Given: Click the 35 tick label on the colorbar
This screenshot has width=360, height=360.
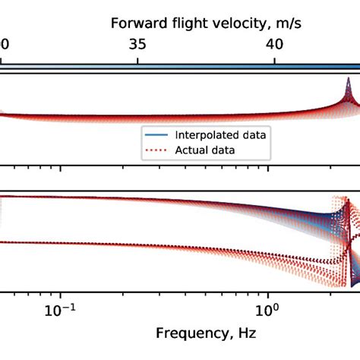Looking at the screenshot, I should [138, 45].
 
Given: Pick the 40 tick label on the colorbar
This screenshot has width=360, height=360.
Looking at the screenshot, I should [275, 45].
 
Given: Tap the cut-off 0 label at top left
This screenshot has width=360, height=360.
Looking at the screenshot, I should [3, 45].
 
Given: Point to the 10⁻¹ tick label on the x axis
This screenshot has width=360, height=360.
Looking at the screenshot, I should [61, 311].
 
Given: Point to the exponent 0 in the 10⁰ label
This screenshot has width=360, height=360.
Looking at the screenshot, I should [274, 306].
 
